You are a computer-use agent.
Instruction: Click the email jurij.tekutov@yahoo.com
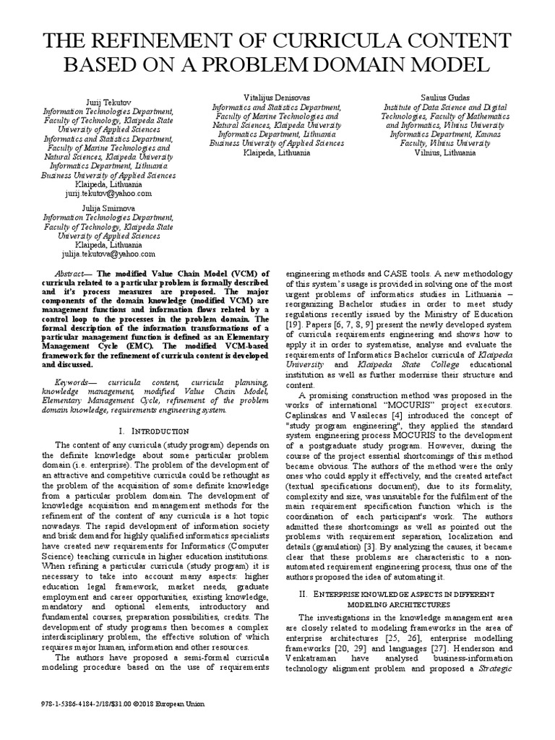(108, 194)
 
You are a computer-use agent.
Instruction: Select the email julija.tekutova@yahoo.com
(108, 254)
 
